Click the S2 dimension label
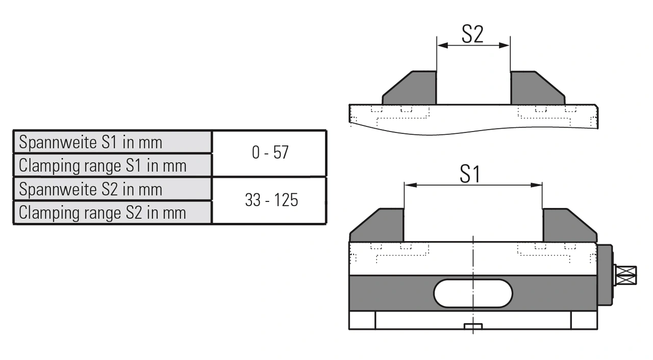click(472, 34)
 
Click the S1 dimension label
click(470, 174)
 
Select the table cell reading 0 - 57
click(269, 152)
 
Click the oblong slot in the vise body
click(473, 293)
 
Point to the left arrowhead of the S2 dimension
click(442, 45)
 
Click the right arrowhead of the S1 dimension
click(537, 185)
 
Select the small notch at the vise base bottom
click(473, 326)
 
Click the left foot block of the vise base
click(362, 320)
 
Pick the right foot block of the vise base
click(584, 320)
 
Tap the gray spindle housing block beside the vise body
click(605, 275)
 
